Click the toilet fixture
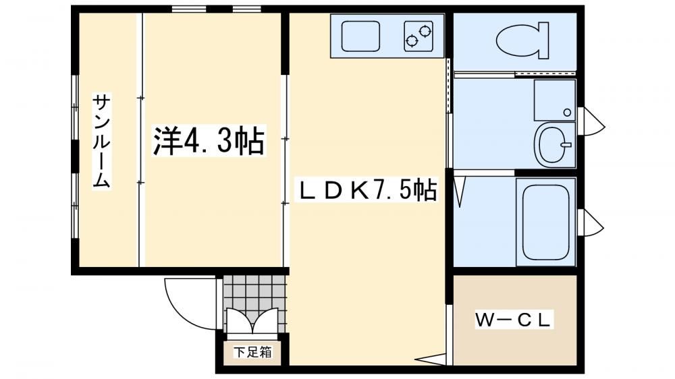point(522,40)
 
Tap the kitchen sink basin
point(360,36)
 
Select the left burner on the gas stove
point(412,41)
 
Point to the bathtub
point(545,222)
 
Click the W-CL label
point(513,320)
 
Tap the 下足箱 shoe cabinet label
point(252,352)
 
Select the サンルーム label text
point(102,141)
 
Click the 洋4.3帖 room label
point(209,140)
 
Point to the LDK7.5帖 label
point(369,190)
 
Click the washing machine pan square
point(554,100)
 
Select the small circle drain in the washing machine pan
point(567,113)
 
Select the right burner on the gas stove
point(425,31)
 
